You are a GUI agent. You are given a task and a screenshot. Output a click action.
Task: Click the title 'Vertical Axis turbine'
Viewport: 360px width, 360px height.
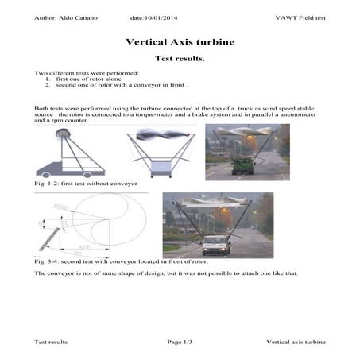pyautogui.click(x=180, y=41)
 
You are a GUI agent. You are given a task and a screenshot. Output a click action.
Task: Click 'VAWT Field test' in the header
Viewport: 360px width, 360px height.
pyautogui.click(x=300, y=17)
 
